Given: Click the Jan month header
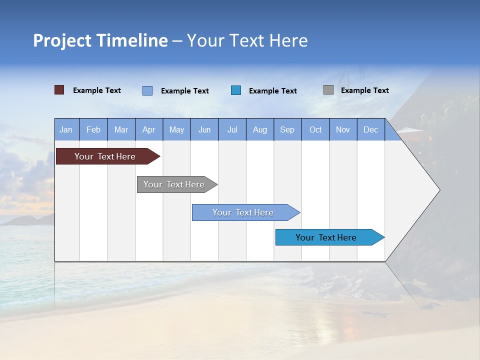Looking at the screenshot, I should [x=66, y=129].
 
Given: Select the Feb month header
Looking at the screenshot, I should [x=93, y=129].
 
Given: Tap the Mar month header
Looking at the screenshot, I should [x=121, y=129].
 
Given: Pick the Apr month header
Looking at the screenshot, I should [x=149, y=129].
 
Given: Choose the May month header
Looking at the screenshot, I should [x=176, y=129].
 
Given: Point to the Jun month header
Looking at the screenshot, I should [x=204, y=129].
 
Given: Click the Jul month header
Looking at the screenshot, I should [x=232, y=129].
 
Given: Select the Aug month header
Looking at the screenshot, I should [x=260, y=129].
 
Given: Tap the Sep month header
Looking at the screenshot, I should [x=287, y=129].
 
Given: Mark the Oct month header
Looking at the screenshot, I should [x=315, y=129].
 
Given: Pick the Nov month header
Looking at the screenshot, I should [x=343, y=129].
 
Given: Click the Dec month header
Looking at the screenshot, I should [x=371, y=129].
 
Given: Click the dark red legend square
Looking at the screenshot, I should [x=59, y=90].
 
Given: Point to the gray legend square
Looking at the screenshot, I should [x=328, y=90].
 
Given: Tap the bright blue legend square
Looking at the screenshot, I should [x=236, y=90].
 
